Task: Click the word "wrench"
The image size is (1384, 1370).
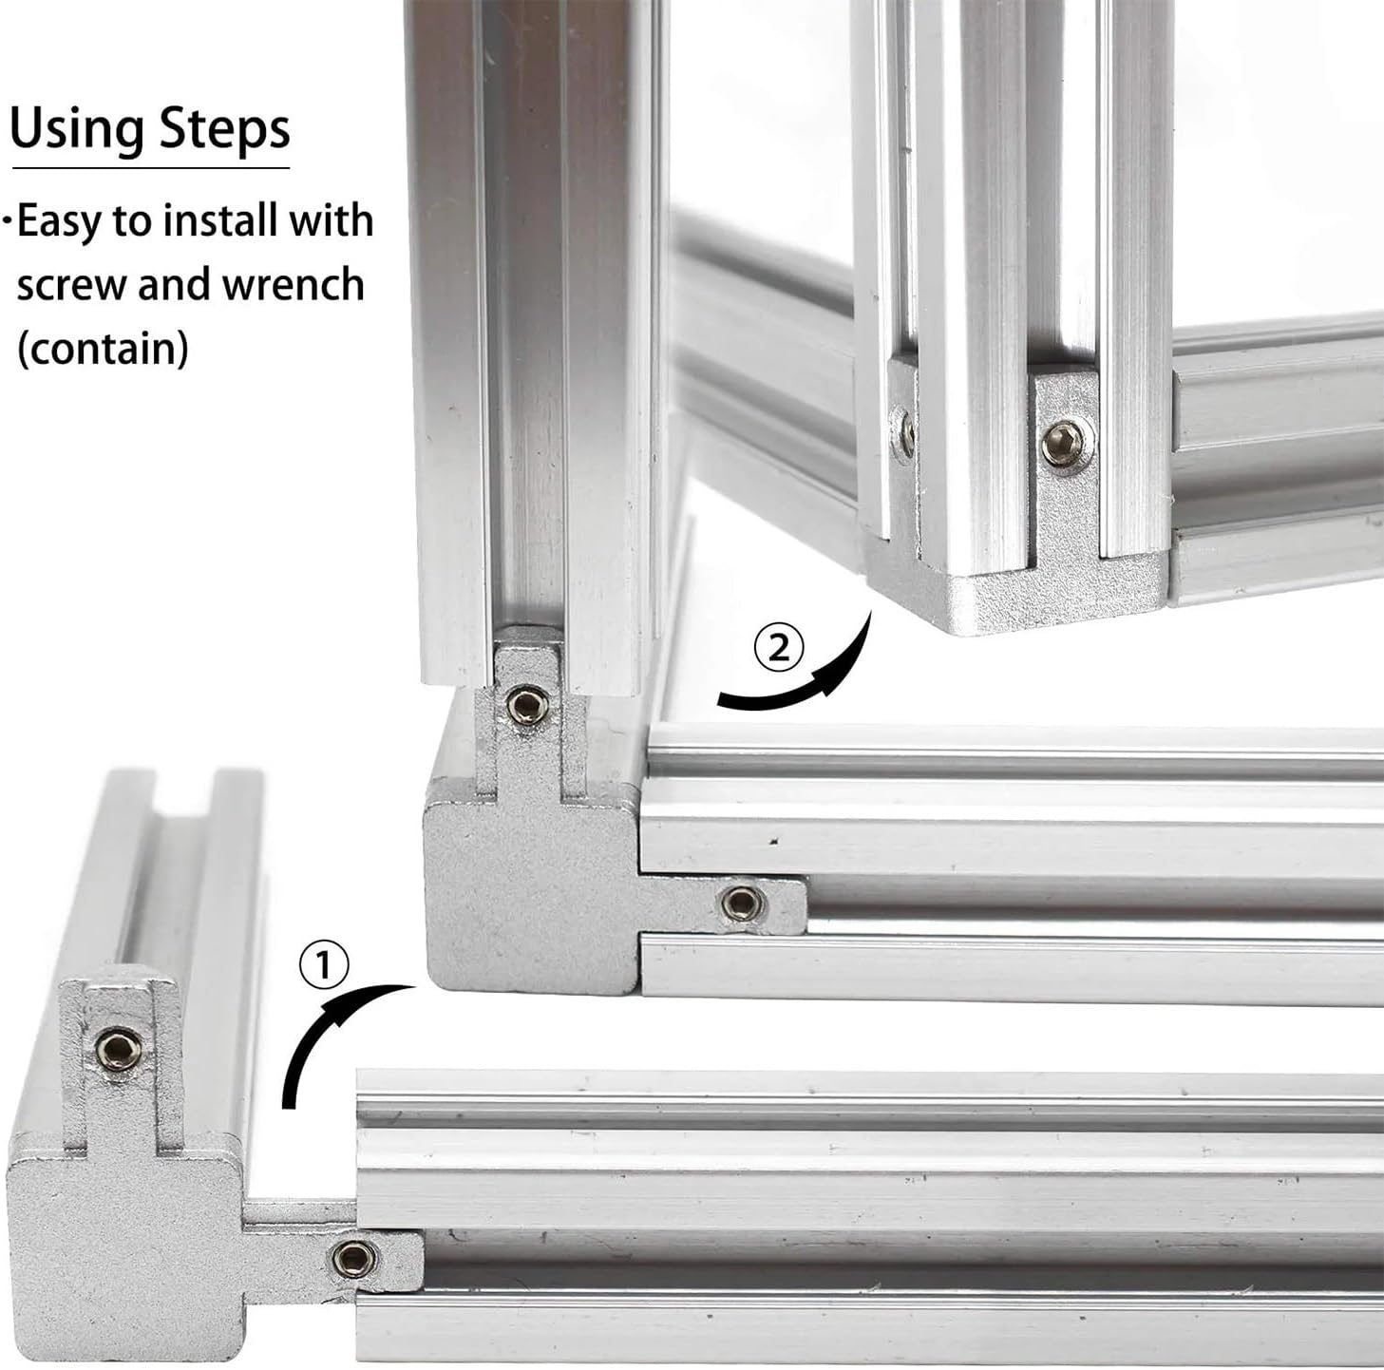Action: [x=293, y=284]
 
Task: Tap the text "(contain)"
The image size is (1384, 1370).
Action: [x=103, y=348]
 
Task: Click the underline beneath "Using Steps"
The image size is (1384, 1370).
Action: [x=151, y=169]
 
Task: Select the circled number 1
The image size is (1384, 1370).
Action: [x=324, y=965]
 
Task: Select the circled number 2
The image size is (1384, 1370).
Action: [x=779, y=650]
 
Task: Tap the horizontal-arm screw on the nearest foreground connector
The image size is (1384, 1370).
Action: [x=354, y=1257]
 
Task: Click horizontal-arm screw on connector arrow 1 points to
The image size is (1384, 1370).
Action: [x=742, y=902]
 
